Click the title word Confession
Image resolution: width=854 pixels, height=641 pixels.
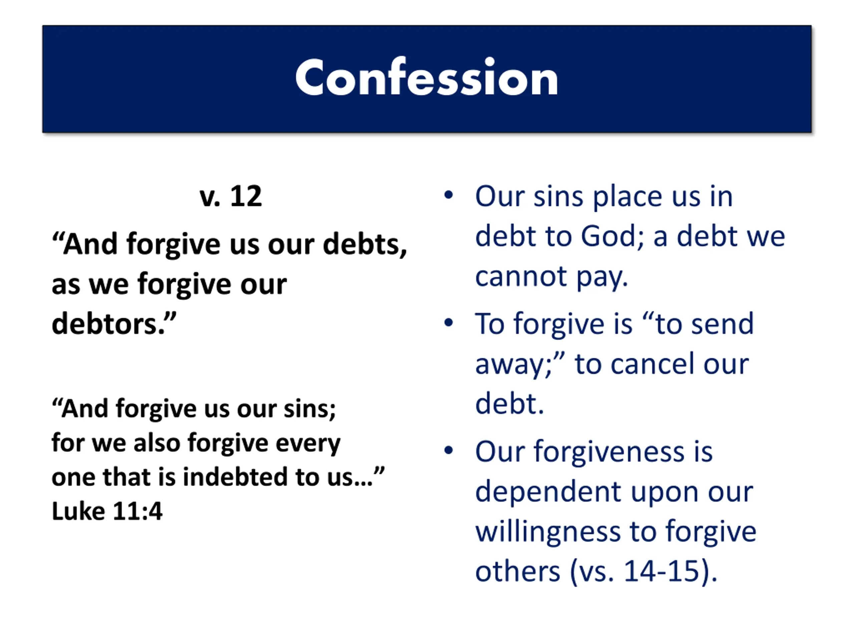point(427,77)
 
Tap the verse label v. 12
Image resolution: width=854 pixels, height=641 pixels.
point(231,196)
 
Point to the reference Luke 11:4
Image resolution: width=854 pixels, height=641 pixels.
point(107,511)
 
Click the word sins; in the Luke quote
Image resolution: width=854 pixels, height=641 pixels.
point(310,409)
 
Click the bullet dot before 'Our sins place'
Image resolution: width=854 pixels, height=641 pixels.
point(448,195)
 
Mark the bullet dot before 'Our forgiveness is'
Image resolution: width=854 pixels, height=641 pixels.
point(448,450)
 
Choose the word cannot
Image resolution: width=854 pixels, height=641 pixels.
point(521,276)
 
